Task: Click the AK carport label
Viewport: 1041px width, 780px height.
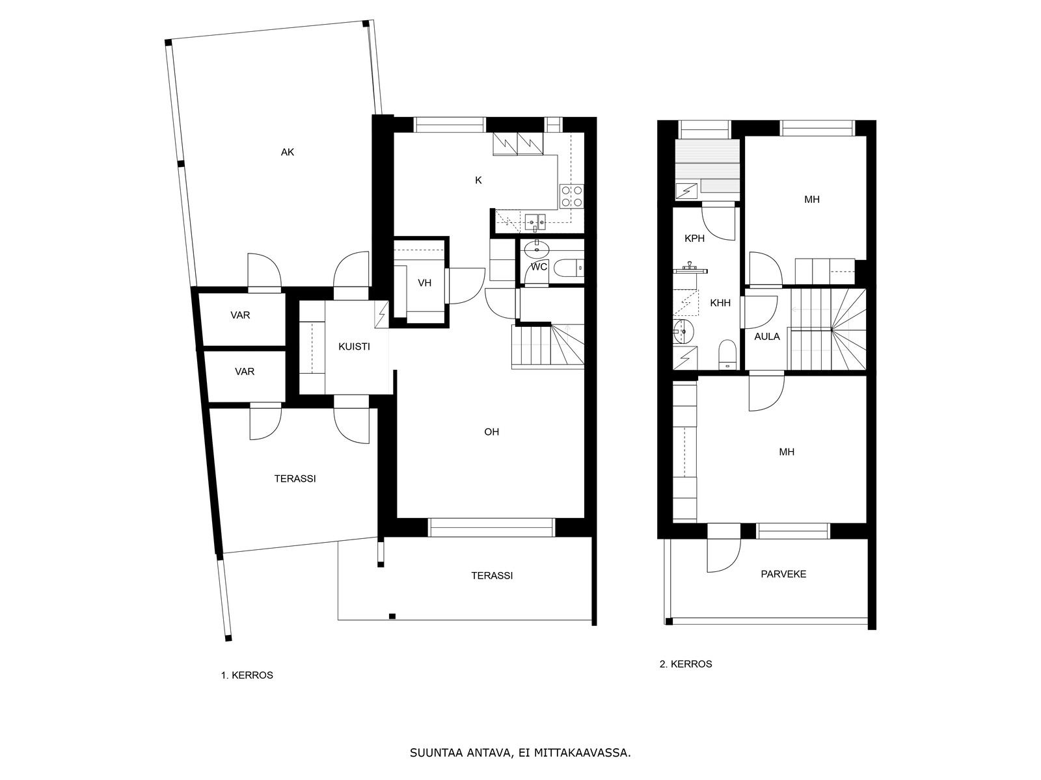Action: pyautogui.click(x=288, y=152)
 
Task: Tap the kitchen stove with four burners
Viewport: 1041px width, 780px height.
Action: pyautogui.click(x=572, y=196)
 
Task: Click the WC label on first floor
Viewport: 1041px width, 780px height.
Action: pyautogui.click(x=539, y=266)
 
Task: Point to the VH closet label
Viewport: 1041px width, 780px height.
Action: pyautogui.click(x=424, y=283)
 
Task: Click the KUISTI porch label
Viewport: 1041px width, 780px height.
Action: pyautogui.click(x=354, y=346)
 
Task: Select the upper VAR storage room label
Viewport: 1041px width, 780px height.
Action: pyautogui.click(x=240, y=315)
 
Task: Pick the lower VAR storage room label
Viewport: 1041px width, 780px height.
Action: pyautogui.click(x=245, y=372)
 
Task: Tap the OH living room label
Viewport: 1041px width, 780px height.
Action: pyautogui.click(x=491, y=432)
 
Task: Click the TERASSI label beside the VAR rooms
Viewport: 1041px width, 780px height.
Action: pyautogui.click(x=295, y=478)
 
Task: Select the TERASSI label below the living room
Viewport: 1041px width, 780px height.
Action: pyautogui.click(x=492, y=575)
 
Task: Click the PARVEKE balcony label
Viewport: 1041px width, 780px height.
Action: pyautogui.click(x=783, y=574)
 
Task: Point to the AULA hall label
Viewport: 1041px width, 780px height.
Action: pyautogui.click(x=766, y=336)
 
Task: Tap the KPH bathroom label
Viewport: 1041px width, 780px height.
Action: pyautogui.click(x=694, y=239)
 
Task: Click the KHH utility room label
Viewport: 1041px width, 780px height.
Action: pyautogui.click(x=720, y=303)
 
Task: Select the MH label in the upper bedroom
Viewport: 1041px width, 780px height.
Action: pyautogui.click(x=811, y=200)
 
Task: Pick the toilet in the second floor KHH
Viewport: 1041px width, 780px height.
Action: pyautogui.click(x=727, y=355)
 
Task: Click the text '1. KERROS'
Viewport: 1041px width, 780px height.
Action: pyautogui.click(x=247, y=675)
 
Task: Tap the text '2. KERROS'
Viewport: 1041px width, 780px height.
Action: pyautogui.click(x=686, y=664)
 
